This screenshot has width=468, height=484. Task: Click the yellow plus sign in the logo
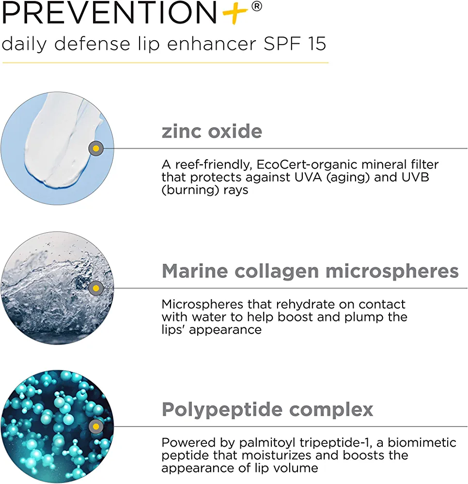coord(235,13)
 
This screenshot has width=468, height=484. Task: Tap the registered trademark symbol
coord(257,6)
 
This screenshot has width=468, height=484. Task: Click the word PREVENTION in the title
coord(109,13)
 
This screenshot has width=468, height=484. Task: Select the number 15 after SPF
coord(317,44)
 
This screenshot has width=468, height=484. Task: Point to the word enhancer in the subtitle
coord(212,44)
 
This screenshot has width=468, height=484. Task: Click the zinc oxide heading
coord(212,131)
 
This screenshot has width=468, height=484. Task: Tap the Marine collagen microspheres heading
coord(310,272)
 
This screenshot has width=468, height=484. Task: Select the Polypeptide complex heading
coord(267,409)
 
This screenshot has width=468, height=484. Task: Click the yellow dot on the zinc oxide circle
coord(96,149)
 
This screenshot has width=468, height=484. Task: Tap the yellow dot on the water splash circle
coord(96,288)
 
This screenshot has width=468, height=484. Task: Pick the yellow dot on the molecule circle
coord(96,427)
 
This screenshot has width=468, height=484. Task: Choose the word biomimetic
coord(421,443)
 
